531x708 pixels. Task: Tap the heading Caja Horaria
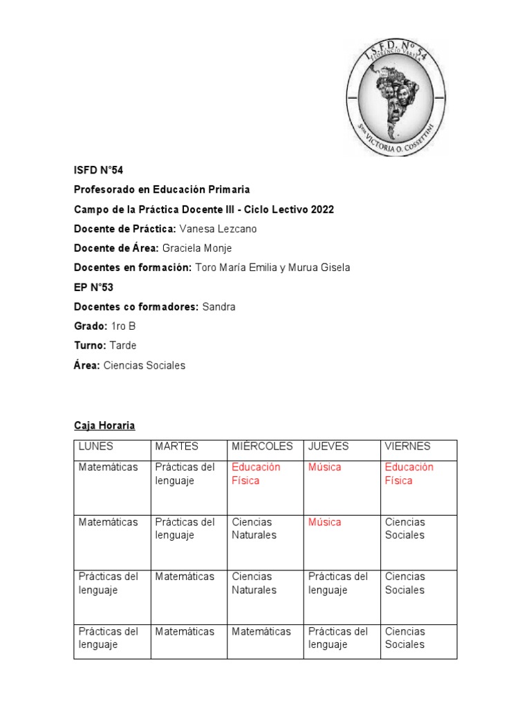[x=104, y=426]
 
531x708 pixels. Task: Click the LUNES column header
[x=96, y=447]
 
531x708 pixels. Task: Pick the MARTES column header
[x=176, y=447]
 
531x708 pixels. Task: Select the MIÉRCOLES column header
[x=262, y=447]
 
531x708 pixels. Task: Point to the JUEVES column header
[x=328, y=447]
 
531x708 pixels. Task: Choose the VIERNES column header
[x=407, y=447]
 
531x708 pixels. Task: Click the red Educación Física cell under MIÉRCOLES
[x=256, y=474]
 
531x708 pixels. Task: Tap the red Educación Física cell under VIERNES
[x=409, y=474]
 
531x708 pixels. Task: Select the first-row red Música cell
[x=325, y=467]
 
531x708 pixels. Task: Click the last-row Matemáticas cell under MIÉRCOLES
[x=261, y=631]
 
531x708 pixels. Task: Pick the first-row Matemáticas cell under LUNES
[x=109, y=467]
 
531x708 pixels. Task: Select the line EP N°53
[x=93, y=288]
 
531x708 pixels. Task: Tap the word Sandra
[x=218, y=307]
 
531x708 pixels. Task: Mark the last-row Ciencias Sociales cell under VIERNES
[x=404, y=637]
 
